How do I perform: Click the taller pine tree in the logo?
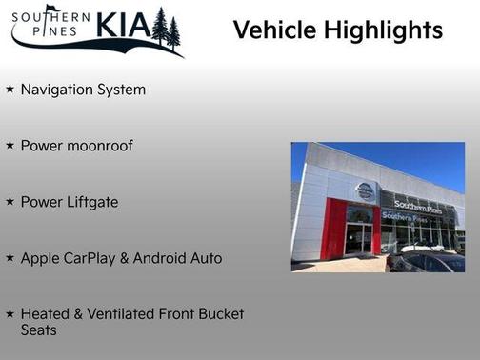pyautogui.click(x=159, y=26)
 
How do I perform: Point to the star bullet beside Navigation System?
pyautogui.click(x=10, y=90)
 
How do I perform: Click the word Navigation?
pyautogui.click(x=54, y=90)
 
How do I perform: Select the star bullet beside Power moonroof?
pyautogui.click(x=10, y=146)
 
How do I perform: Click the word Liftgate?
pyautogui.click(x=91, y=202)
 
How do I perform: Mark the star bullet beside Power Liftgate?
pyautogui.click(x=10, y=202)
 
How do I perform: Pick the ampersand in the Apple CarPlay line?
pyautogui.click(x=138, y=257)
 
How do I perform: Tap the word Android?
pyautogui.click(x=173, y=257)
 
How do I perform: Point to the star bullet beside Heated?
pyautogui.click(x=10, y=313)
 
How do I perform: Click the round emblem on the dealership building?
pyautogui.click(x=364, y=190)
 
